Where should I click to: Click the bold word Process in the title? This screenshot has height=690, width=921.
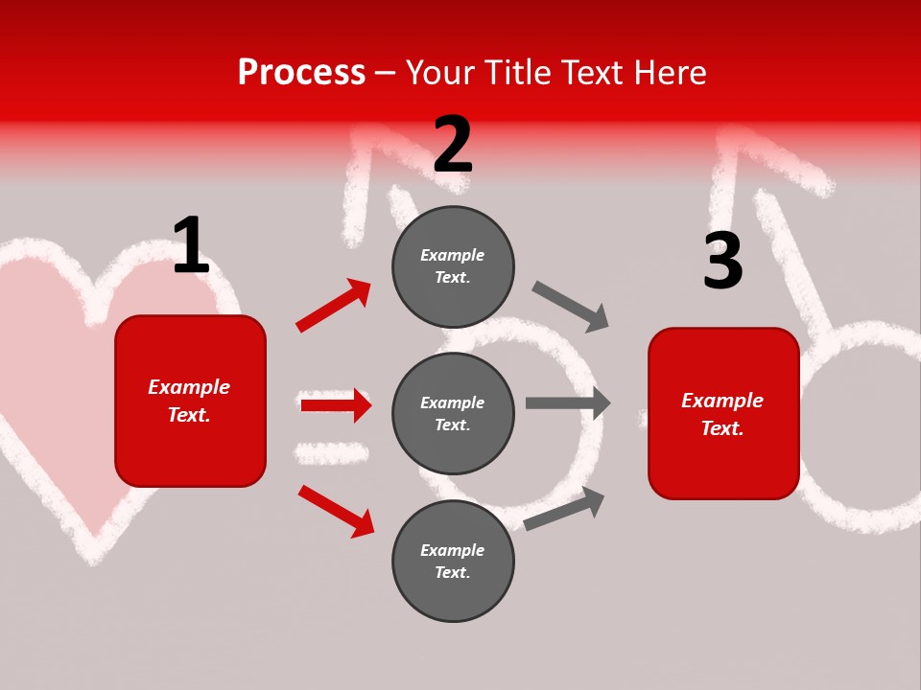point(301,73)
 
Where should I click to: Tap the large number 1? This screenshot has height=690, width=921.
point(191,245)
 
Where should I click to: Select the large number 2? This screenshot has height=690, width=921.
point(453,145)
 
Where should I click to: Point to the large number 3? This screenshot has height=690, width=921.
point(722,261)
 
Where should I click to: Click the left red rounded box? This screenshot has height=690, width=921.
point(190,401)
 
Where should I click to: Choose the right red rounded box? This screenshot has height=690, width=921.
point(723,413)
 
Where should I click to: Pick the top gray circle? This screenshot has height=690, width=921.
point(453,266)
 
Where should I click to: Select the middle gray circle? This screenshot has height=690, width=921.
point(453,413)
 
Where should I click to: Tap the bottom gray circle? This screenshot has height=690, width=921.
point(453,561)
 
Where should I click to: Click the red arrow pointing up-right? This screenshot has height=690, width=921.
point(334,306)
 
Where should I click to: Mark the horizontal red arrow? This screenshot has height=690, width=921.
point(336,405)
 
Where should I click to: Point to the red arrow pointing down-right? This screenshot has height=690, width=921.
point(336,511)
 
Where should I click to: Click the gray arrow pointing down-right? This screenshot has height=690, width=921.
point(571,307)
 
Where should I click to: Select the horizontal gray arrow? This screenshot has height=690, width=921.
point(568,403)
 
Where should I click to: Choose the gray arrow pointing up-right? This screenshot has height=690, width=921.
point(565,508)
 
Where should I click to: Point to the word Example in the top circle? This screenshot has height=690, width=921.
point(453,255)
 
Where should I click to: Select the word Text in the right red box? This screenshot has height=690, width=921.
point(720,428)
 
